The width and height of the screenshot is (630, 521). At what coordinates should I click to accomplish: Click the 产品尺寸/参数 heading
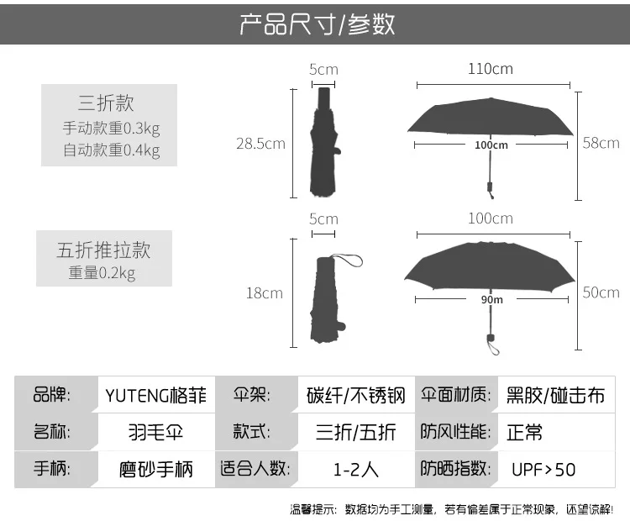click(317, 24)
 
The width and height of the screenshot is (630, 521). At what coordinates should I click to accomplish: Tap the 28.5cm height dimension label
click(260, 144)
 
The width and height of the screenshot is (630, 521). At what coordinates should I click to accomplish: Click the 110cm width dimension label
click(491, 69)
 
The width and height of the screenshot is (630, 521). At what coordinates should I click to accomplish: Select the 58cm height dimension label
click(601, 143)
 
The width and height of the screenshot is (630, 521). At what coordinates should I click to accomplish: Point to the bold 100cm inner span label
click(491, 145)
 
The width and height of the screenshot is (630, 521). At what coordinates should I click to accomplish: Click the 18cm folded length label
click(265, 293)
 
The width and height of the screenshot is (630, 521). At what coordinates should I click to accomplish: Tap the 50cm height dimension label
click(601, 292)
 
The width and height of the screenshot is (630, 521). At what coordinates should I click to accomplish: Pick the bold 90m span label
click(491, 299)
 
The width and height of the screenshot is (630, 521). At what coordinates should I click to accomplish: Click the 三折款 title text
click(106, 103)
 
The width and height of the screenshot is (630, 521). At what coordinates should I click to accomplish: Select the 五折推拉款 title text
click(103, 250)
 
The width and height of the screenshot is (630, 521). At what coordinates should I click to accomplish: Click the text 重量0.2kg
click(102, 273)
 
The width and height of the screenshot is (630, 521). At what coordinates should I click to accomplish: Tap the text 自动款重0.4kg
click(111, 150)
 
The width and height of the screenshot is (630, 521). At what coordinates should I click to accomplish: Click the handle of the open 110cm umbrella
click(491, 189)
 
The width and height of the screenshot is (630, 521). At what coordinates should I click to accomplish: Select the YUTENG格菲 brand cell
click(156, 395)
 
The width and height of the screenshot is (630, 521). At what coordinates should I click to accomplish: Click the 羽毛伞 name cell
click(156, 433)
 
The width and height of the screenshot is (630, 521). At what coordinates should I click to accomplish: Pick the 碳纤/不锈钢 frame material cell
click(355, 395)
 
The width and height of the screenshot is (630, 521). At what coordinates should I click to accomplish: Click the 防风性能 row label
click(455, 432)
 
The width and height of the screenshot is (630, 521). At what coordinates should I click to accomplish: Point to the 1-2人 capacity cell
click(356, 470)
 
